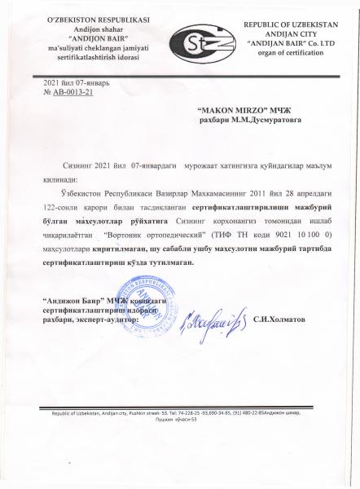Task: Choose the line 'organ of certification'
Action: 289,56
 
